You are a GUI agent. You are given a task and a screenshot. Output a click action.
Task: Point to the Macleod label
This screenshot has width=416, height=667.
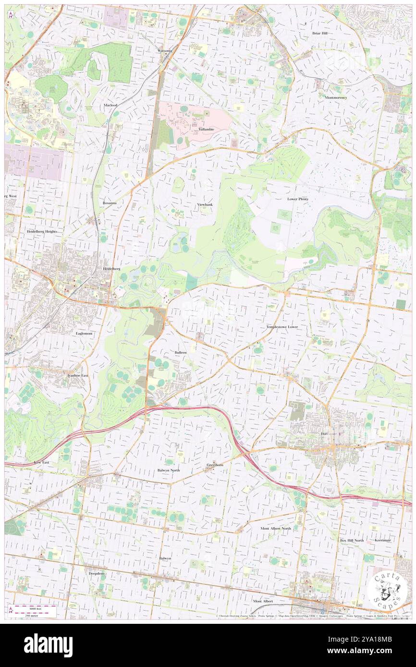[110, 105]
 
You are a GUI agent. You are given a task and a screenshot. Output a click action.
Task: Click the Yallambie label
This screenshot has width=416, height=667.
[203, 130]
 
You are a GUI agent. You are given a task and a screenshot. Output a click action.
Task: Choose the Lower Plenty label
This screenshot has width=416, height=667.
[298, 199]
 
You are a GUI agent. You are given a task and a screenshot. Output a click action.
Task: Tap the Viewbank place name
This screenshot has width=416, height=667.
[205, 204]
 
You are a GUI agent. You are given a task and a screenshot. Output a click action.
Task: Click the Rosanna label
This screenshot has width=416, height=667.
[110, 203]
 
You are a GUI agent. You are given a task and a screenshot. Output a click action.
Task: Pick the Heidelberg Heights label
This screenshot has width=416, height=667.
[42, 231]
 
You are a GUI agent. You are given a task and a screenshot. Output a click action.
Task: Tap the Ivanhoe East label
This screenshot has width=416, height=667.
[77, 375]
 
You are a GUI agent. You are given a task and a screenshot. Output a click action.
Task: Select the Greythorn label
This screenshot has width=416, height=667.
[215, 465]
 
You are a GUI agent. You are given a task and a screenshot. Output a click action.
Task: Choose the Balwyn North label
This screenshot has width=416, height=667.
[169, 470]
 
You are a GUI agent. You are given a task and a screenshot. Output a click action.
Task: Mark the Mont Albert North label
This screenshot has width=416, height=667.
[276, 528]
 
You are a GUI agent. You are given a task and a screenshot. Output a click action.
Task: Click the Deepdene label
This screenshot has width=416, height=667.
[96, 573]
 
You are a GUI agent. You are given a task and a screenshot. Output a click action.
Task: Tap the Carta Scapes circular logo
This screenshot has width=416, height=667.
[388, 590]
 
